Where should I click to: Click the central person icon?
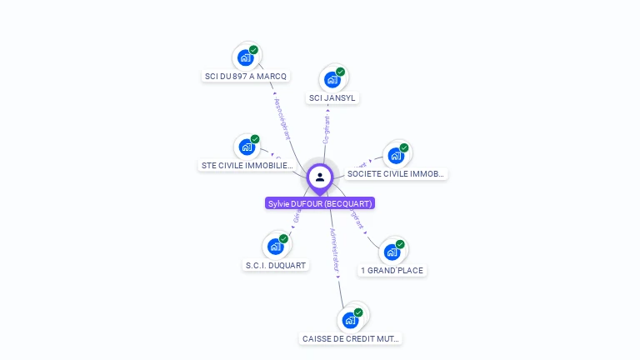point(320,177)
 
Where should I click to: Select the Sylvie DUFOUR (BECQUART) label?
point(320,203)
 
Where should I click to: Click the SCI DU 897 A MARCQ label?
point(246,77)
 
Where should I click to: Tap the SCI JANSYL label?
point(332,98)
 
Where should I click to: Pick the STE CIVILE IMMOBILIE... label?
point(247,166)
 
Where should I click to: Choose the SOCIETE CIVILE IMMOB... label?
point(397,174)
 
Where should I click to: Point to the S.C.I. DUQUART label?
point(276,266)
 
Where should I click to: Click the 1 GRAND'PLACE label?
point(392,271)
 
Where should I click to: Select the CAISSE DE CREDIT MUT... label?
point(351,339)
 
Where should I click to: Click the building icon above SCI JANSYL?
point(332,80)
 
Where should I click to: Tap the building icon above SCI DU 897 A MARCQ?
point(245,57)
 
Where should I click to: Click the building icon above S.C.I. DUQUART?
point(275,247)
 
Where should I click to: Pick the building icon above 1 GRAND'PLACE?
point(392,252)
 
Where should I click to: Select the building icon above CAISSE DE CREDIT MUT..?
point(350,320)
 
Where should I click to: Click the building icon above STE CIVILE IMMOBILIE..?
point(247,147)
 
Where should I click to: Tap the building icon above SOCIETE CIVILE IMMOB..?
point(395,156)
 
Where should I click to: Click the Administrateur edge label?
point(335,251)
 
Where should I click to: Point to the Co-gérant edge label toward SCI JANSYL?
point(326,129)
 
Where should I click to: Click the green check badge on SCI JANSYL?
point(340,72)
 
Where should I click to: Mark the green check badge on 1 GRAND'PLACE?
point(400,244)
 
